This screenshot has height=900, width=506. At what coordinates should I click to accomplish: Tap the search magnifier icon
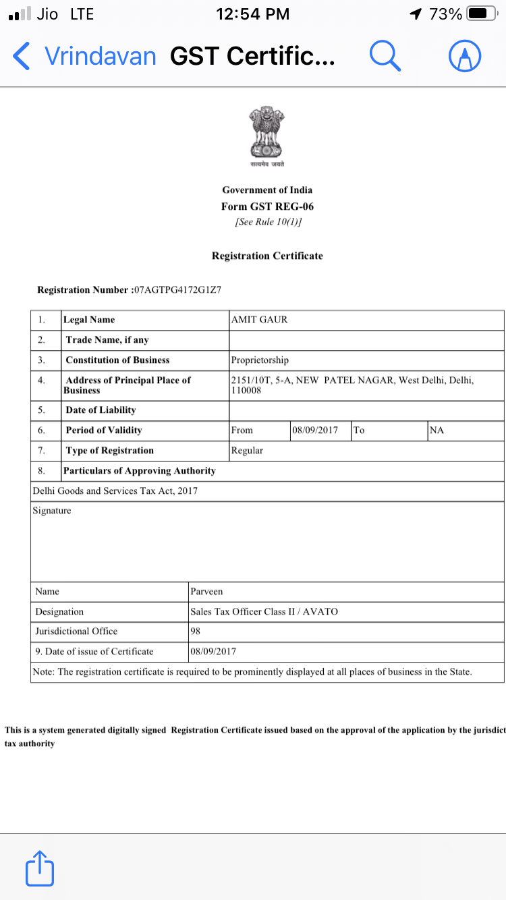[385, 56]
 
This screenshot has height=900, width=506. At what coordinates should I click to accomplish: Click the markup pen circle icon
[465, 56]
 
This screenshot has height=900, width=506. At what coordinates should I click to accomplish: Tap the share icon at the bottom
[40, 868]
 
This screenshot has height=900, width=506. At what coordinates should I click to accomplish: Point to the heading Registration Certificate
[267, 256]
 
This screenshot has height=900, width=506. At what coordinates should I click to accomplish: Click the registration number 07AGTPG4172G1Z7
[177, 290]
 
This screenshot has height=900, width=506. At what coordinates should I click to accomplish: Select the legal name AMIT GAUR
[260, 320]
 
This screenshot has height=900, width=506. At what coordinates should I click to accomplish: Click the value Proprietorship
[260, 360]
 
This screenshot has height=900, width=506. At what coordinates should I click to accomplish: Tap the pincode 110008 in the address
[247, 391]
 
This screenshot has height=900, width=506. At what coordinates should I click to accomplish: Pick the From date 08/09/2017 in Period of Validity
[315, 430]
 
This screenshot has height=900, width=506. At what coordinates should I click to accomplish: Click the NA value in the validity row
[437, 430]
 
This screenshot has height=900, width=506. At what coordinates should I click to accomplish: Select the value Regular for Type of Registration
[247, 451]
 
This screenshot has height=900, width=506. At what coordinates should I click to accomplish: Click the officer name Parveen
[206, 592]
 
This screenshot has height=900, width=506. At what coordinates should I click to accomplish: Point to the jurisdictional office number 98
[196, 631]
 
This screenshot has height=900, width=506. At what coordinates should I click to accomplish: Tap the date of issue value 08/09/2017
[213, 652]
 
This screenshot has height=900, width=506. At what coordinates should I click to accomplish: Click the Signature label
[52, 511]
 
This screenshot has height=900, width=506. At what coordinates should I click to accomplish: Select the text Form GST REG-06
[267, 206]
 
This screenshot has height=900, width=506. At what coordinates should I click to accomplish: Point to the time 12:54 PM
[253, 14]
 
